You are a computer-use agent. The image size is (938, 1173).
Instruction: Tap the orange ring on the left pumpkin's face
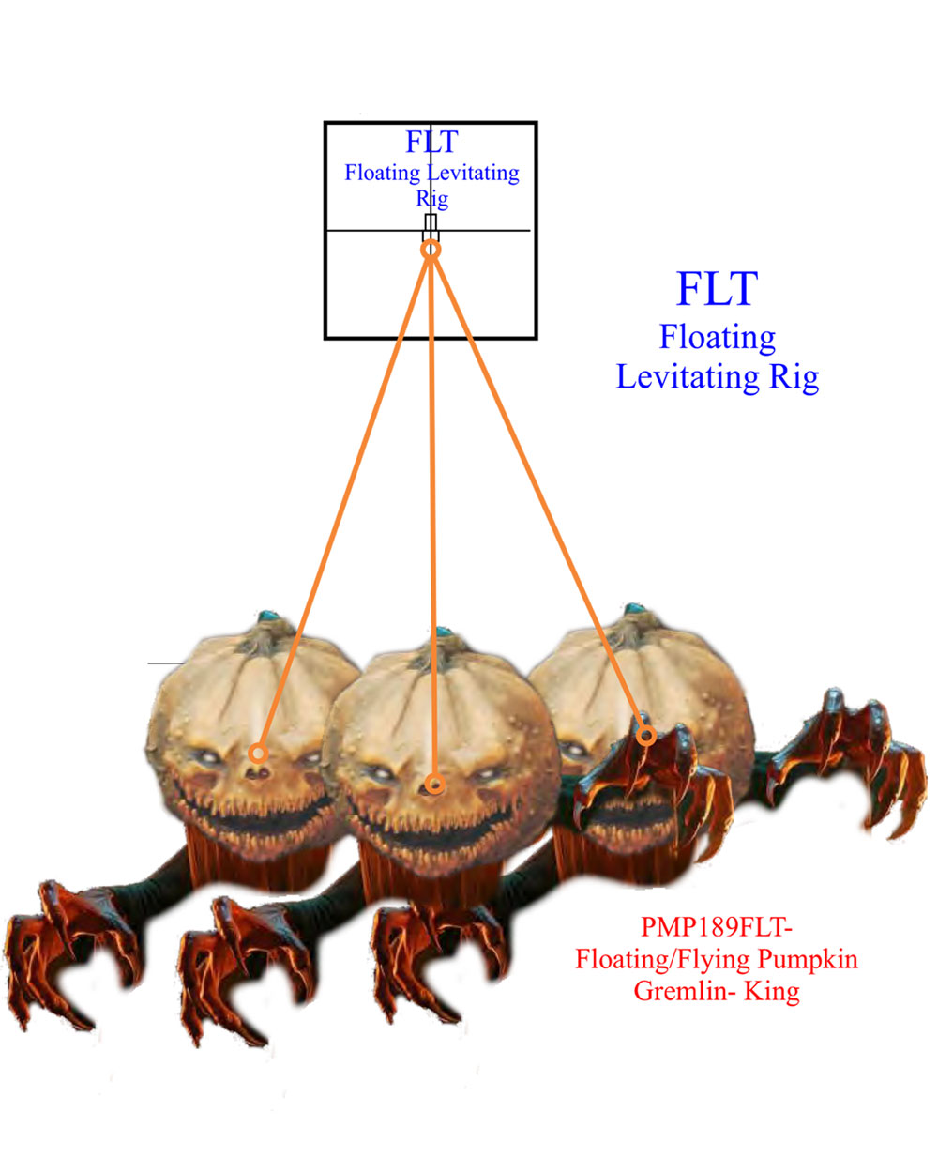[x=258, y=753]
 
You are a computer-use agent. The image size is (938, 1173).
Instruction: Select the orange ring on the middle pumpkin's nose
[x=434, y=784]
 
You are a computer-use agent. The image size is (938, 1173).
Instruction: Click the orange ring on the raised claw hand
[x=646, y=736]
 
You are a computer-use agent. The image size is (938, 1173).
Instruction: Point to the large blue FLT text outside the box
[x=717, y=288]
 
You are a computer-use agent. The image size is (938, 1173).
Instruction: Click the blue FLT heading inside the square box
[x=431, y=142]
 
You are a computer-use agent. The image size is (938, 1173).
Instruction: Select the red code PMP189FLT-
[x=717, y=926]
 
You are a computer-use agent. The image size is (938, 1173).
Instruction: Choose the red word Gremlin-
[x=685, y=990]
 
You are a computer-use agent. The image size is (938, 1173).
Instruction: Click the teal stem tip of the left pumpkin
[x=268, y=616]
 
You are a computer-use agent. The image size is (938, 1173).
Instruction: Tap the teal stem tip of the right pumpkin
[x=634, y=608]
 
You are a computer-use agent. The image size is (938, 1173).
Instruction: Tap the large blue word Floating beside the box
[x=718, y=338]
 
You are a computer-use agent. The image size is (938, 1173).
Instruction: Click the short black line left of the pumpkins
[x=166, y=663]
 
